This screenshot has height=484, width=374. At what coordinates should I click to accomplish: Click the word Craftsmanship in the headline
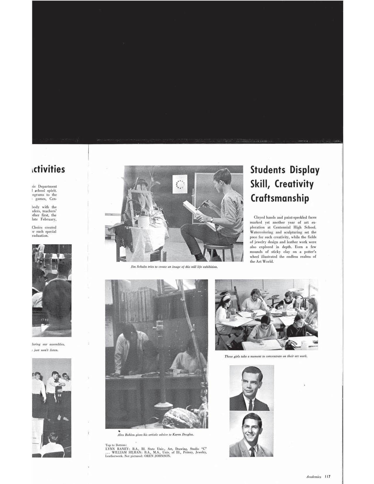point(280,198)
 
